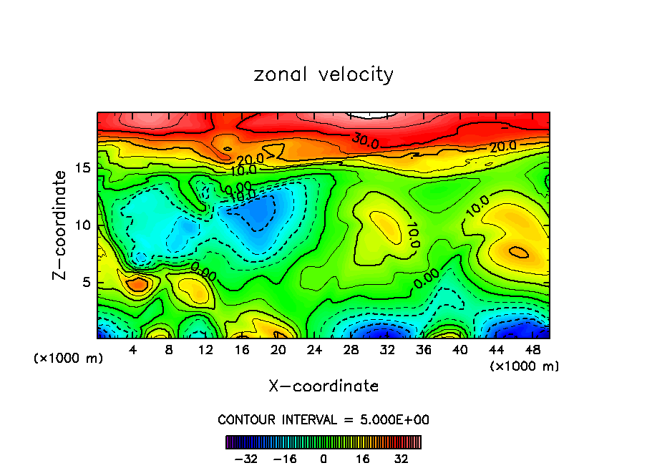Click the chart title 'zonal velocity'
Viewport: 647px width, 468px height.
(323, 74)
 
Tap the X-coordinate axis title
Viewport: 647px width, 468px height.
(323, 386)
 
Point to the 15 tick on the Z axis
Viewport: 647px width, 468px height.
(84, 168)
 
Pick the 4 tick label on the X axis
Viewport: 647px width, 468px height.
(133, 351)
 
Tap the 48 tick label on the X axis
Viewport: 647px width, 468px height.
(532, 351)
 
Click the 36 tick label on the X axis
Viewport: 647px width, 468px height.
(424, 351)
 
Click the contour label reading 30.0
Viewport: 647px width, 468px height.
(364, 141)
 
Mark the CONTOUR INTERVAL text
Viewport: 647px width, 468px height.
(323, 419)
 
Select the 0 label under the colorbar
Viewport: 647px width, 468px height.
(323, 459)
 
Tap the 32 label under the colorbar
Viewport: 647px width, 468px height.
(402, 459)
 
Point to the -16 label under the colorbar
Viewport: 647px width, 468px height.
(285, 459)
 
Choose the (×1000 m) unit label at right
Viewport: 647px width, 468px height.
(525, 366)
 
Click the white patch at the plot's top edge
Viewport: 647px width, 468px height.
(372, 114)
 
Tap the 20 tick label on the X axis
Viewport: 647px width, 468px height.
(278, 351)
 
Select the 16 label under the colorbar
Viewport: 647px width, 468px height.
(363, 459)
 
